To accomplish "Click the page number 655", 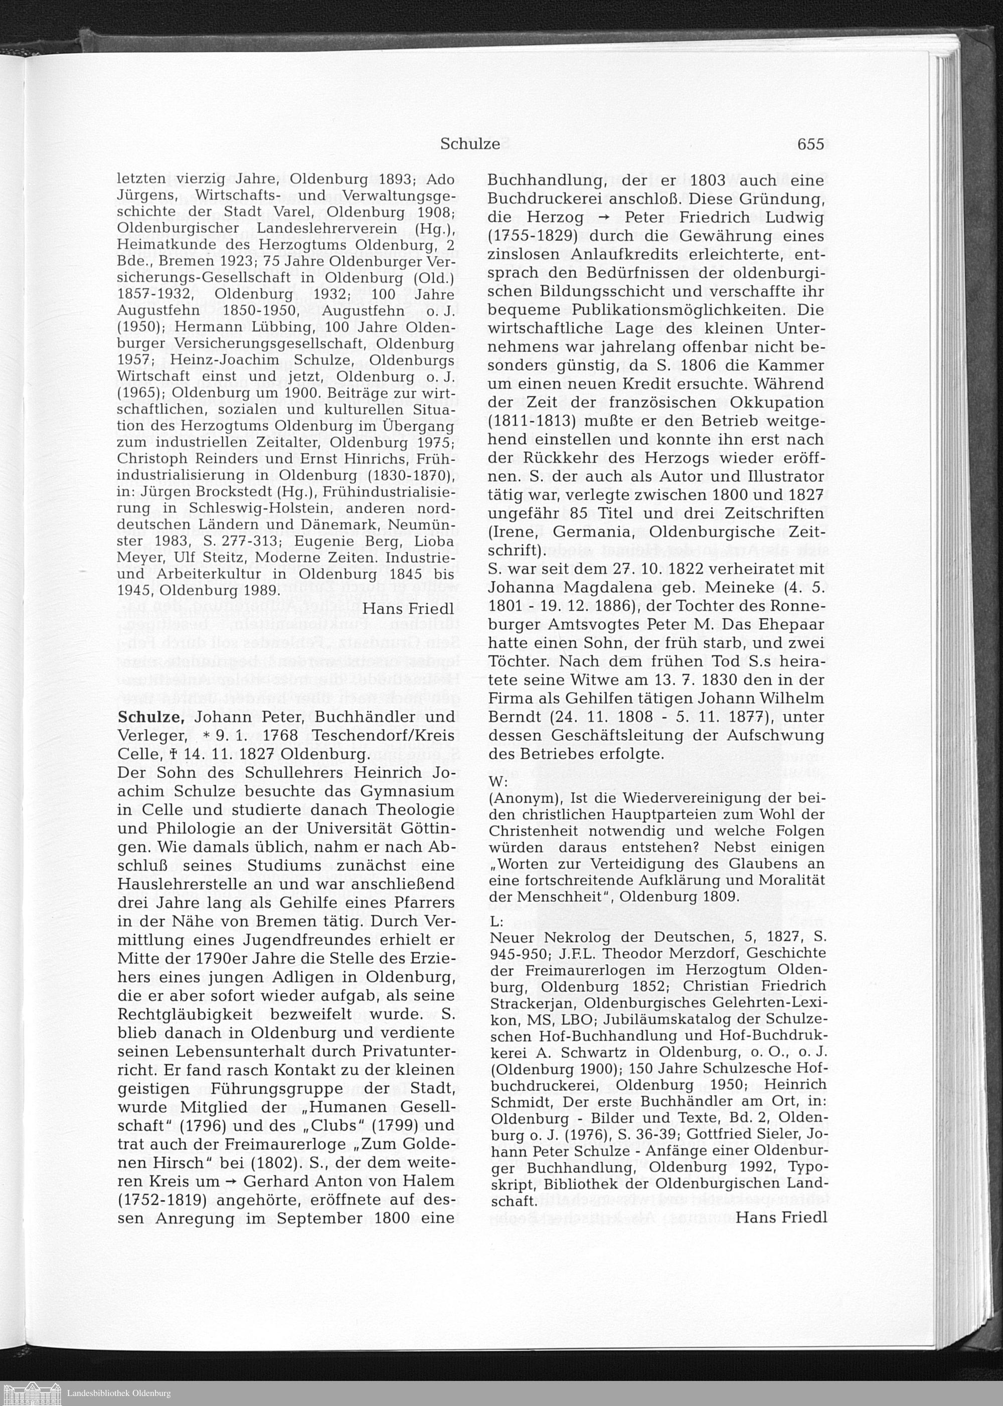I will pos(810,144).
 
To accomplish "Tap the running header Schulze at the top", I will pos(470,144).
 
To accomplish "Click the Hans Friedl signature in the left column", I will pos(408,608).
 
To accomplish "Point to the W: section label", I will pos(498,782).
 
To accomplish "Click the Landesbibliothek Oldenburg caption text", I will pos(118,1392).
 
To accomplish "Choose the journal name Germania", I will pos(591,532).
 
